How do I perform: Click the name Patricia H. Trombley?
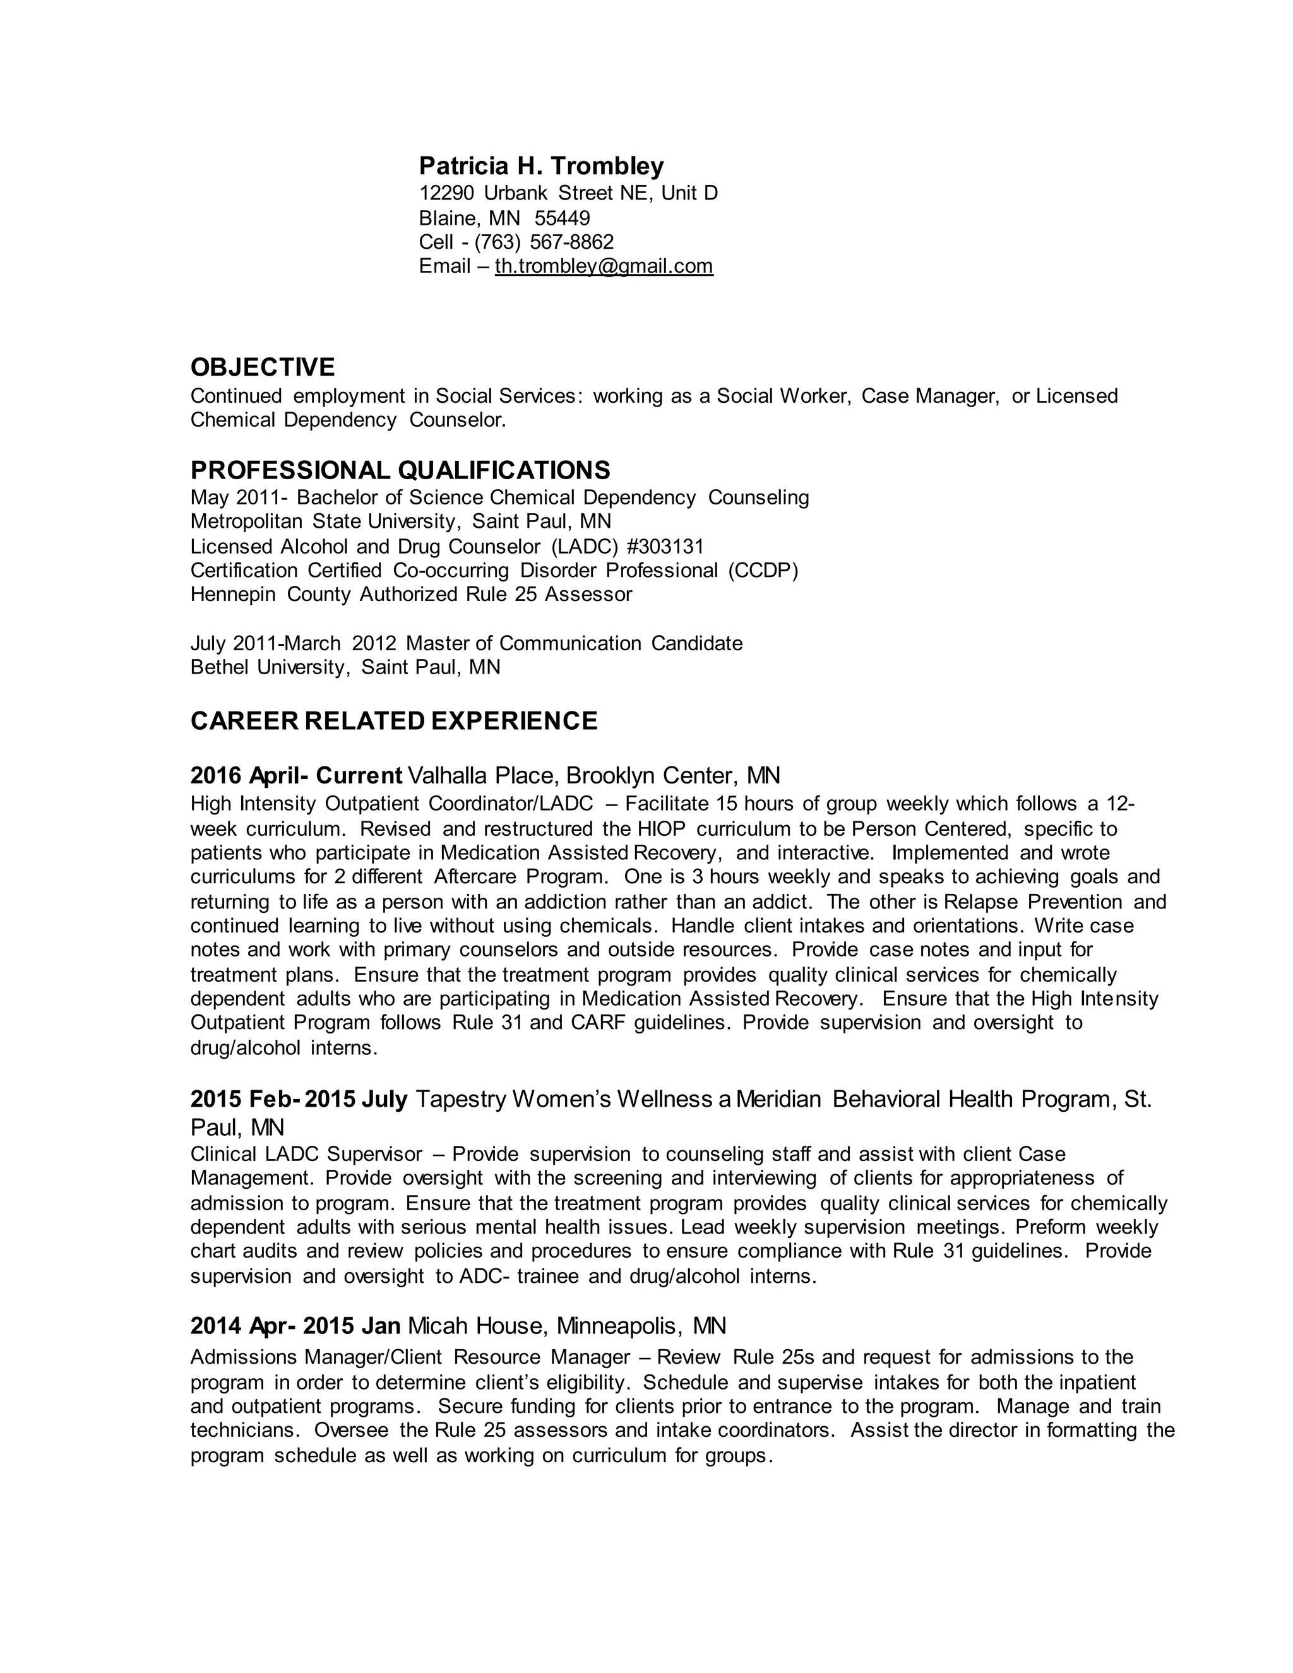(541, 165)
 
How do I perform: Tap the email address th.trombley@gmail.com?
(604, 266)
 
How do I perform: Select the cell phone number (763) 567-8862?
(544, 242)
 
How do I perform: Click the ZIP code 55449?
(563, 218)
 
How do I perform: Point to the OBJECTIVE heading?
(263, 367)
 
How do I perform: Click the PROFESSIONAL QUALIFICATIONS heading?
(400, 470)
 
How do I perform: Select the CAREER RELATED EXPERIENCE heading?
(394, 721)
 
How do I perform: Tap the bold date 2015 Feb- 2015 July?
(299, 1099)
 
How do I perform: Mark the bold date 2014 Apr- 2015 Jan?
(295, 1325)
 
